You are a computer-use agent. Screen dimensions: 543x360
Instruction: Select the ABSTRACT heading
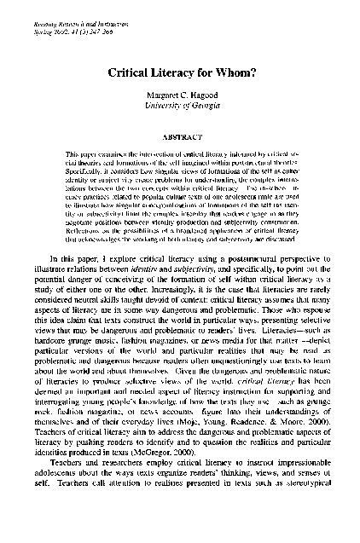point(180,135)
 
